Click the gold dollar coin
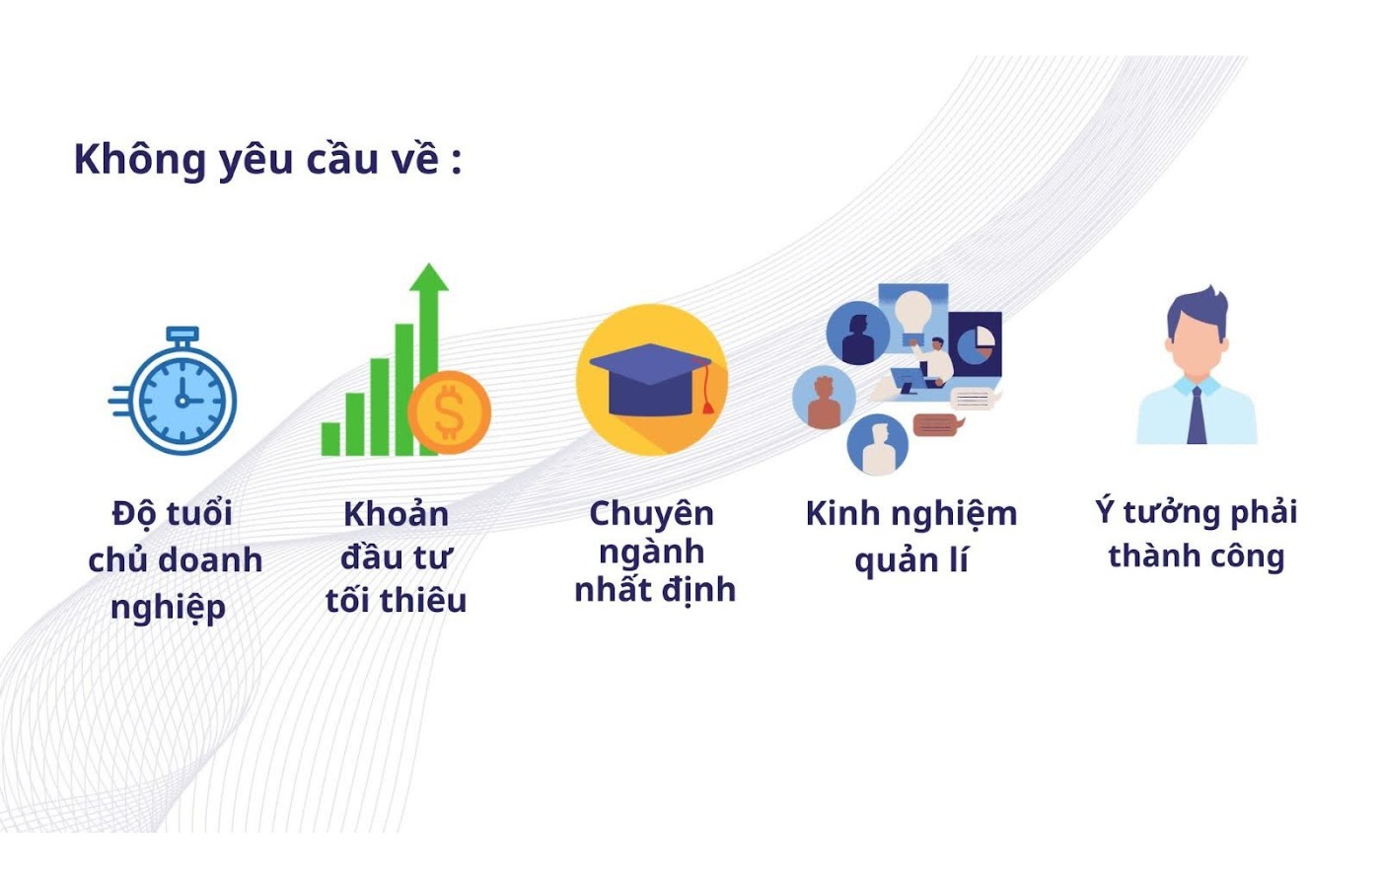point(449,411)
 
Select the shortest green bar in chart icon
point(331,438)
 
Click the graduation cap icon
point(651,379)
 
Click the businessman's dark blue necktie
point(1197,415)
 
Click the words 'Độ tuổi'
point(172,514)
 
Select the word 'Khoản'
point(396,514)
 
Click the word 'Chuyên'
point(651,514)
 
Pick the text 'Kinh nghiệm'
point(910,514)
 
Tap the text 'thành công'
point(1196,556)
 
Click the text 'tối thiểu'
point(396,600)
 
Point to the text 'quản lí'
point(910,560)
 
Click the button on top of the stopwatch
point(182,334)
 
